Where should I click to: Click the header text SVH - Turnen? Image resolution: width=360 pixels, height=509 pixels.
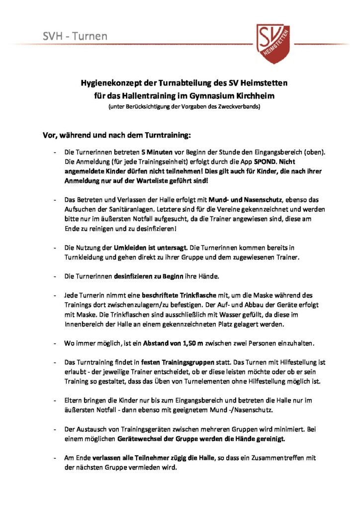click(x=75, y=36)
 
